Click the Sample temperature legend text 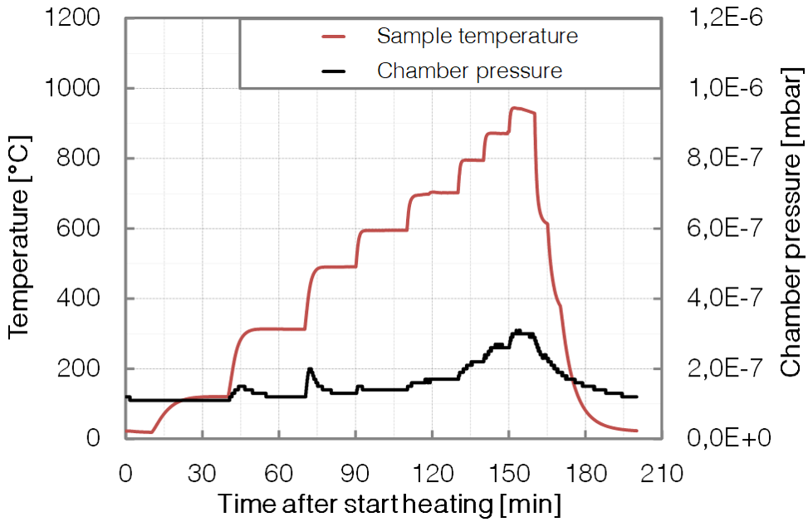click(477, 37)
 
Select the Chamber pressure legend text click(469, 71)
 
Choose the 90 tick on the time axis click(355, 474)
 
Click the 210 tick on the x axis click(662, 474)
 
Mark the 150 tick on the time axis click(508, 474)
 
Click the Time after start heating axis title click(389, 504)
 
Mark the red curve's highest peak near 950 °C click(514, 107)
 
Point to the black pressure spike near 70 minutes click(310, 368)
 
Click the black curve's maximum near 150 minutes click(517, 331)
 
